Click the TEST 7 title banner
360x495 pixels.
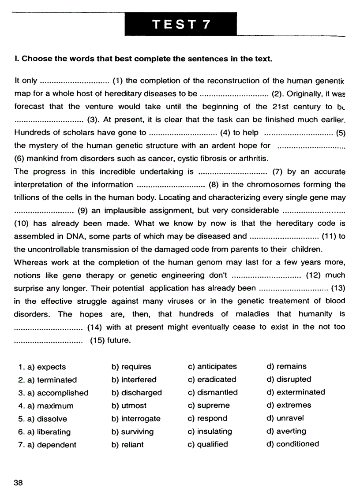click(x=181, y=24)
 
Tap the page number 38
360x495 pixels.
click(x=18, y=482)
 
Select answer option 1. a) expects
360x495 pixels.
click(x=42, y=367)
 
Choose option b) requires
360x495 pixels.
click(x=131, y=367)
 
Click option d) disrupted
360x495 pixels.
click(x=289, y=379)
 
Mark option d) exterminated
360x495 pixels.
click(x=296, y=392)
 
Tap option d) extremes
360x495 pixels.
click(x=289, y=405)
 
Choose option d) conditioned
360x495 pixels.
click(x=292, y=444)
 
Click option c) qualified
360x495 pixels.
click(x=208, y=444)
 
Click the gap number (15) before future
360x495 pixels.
click(x=97, y=340)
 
